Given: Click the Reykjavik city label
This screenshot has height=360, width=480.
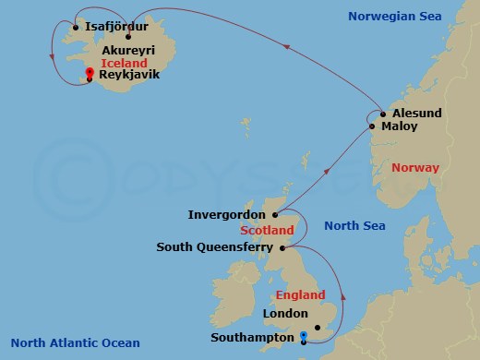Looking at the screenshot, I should [128, 77].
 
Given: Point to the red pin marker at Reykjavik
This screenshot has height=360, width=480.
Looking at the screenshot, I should [89, 74].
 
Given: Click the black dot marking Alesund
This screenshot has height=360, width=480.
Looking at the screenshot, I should [382, 114].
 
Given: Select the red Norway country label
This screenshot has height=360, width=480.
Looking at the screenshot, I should [415, 168].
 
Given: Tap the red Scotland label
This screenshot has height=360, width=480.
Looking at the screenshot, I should [267, 230].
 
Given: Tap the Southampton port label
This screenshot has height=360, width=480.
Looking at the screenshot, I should [251, 338].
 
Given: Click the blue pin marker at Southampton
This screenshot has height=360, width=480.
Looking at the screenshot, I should [304, 335].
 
